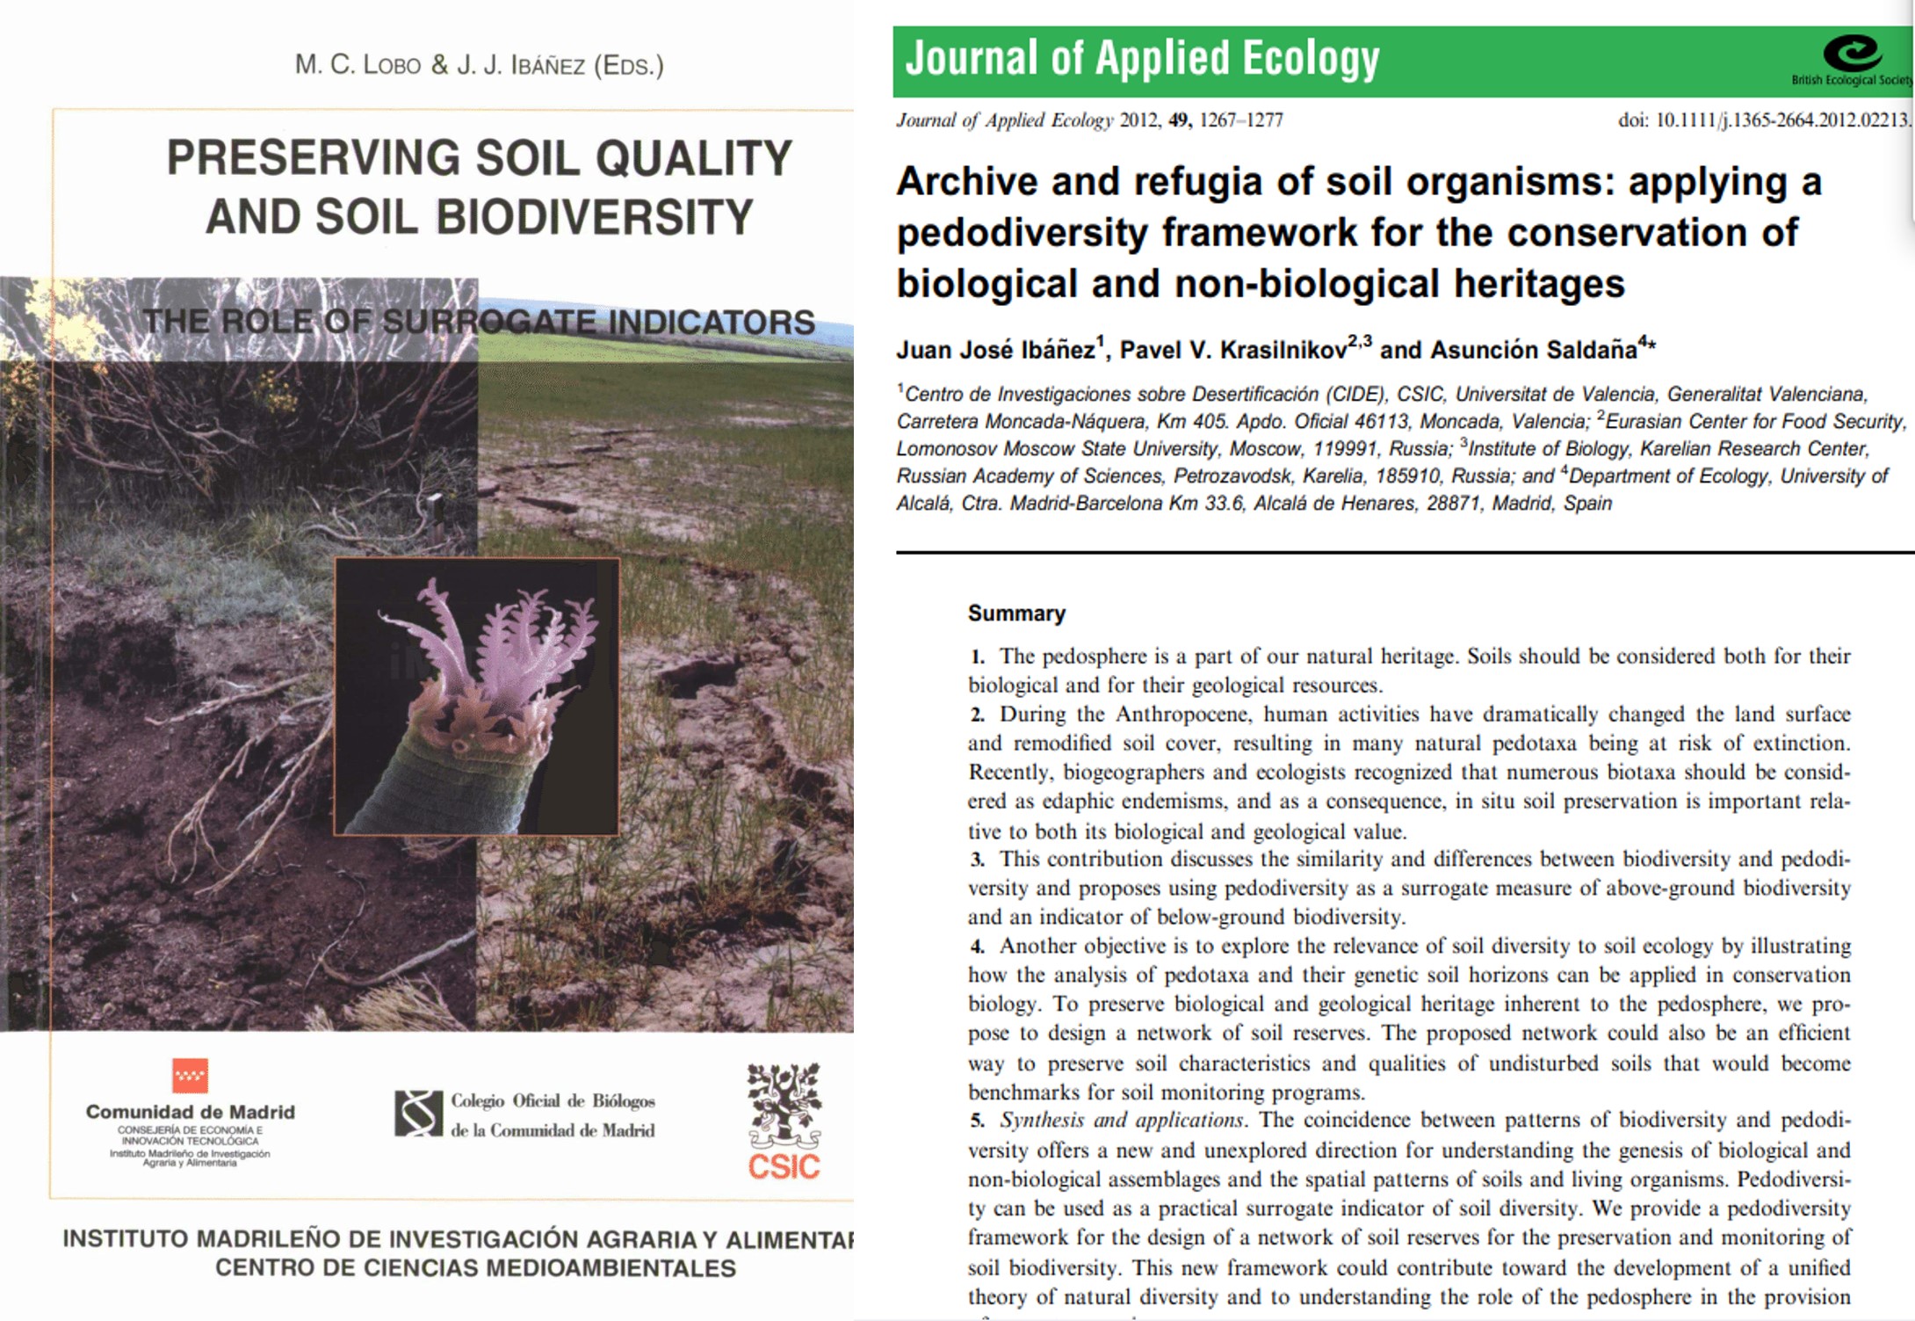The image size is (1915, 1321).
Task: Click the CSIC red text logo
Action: (784, 1166)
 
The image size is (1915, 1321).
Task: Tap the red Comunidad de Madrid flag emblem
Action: (190, 1075)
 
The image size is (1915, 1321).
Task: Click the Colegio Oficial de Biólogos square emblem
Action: (418, 1114)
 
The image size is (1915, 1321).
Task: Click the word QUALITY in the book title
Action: (694, 158)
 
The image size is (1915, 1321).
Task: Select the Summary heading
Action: (1016, 613)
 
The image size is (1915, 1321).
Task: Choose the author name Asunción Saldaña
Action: (1534, 351)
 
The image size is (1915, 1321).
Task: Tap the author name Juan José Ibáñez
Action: (995, 351)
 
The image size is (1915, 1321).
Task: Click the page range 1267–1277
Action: (1240, 120)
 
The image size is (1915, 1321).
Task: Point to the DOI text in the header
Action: (1764, 120)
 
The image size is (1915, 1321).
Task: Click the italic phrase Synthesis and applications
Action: (1121, 1120)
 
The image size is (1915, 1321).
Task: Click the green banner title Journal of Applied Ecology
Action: (1142, 58)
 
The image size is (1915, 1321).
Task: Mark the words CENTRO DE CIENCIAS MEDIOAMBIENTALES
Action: (475, 1268)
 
